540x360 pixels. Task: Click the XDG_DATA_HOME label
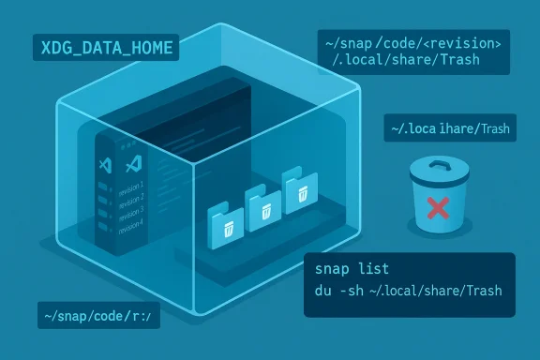tap(105, 47)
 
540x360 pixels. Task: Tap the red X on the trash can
tap(437, 208)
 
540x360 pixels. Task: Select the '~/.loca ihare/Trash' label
tap(452, 129)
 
